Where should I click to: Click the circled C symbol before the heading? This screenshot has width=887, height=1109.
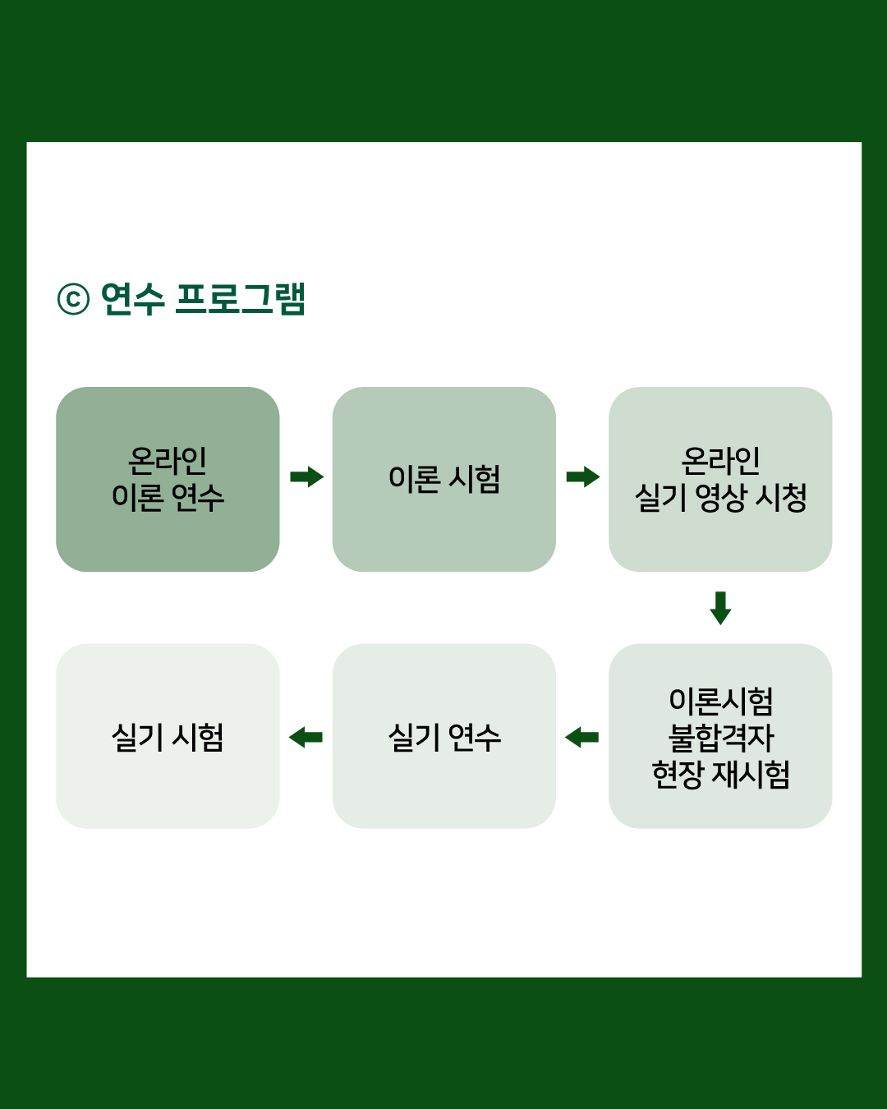tap(73, 299)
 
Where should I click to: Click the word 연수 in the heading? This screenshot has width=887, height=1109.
tap(132, 298)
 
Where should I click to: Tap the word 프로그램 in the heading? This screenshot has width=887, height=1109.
tap(241, 298)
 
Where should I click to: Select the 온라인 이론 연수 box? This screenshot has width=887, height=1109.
tap(168, 480)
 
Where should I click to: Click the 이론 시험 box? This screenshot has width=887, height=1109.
tap(444, 480)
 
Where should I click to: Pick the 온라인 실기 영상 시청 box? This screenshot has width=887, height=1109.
tap(720, 480)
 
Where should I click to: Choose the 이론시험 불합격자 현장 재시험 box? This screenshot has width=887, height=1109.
tap(720, 736)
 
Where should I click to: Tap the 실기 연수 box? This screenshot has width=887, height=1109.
tap(444, 736)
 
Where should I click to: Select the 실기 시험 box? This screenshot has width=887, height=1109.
tap(168, 736)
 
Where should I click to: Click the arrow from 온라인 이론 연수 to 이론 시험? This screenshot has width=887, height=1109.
tap(306, 476)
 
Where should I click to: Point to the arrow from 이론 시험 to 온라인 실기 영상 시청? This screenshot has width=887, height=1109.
tap(582, 476)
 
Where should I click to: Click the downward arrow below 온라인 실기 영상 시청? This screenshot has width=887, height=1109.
tap(720, 608)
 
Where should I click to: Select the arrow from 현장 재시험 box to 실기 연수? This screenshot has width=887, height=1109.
tap(582, 737)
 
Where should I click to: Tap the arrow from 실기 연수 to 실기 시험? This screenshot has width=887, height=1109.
tap(306, 737)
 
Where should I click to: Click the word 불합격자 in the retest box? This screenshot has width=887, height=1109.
tap(721, 738)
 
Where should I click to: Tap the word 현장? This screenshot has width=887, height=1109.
tap(677, 774)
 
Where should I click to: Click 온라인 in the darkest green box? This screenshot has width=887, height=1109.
tap(168, 461)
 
